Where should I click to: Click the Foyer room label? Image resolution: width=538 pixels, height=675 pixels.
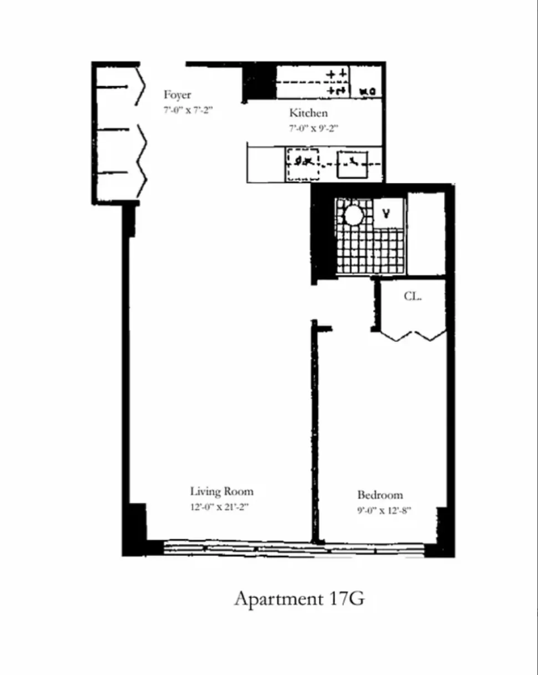(x=177, y=95)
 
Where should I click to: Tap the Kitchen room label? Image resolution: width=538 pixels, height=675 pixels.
(x=308, y=113)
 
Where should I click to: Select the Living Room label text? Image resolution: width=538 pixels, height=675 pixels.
(x=222, y=491)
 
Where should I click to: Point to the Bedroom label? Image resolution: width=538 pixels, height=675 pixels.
(x=380, y=495)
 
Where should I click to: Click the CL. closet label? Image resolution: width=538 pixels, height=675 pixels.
(x=413, y=296)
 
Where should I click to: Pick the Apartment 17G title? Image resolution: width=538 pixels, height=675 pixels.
(x=300, y=599)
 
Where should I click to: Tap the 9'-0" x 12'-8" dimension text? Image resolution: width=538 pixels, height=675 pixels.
(x=384, y=510)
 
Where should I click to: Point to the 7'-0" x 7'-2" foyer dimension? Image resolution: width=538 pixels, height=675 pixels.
(x=188, y=110)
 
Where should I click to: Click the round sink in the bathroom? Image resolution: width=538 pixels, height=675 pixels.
(x=354, y=215)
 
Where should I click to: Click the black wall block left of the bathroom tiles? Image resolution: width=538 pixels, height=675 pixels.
(x=323, y=233)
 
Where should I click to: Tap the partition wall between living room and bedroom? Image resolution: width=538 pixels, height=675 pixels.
(x=316, y=433)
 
